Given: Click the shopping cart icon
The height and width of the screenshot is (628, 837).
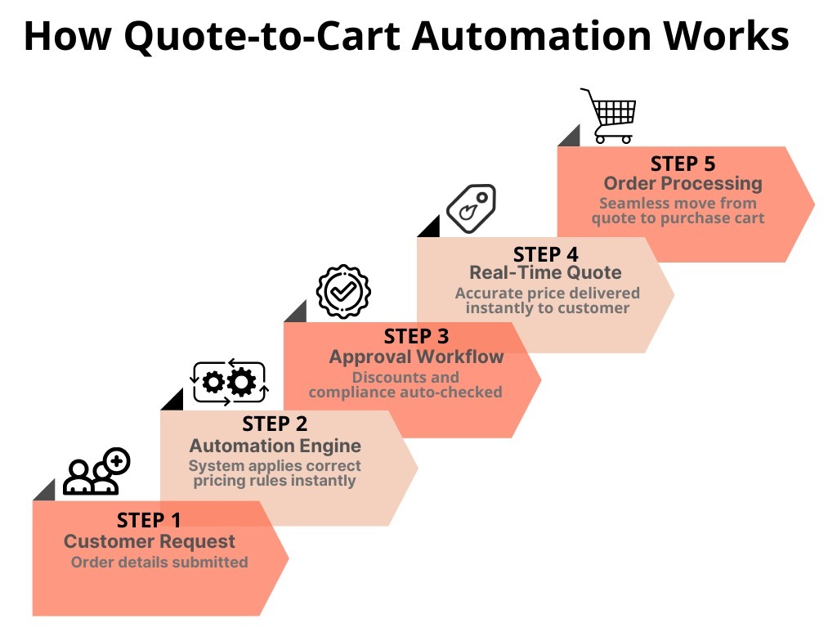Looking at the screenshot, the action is point(609,116).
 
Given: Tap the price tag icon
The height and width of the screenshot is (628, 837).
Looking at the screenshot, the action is point(472,209).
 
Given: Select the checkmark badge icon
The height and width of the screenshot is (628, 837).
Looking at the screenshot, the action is point(344,292).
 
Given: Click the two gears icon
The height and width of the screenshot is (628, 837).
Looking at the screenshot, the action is point(230,383).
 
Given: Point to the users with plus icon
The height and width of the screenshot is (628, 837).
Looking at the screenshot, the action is point(96,471).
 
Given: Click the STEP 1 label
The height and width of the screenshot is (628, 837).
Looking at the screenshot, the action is point(149,520).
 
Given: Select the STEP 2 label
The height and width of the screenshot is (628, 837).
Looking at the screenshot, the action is point(275,424).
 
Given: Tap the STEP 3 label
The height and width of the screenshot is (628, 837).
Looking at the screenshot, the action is point(416,336).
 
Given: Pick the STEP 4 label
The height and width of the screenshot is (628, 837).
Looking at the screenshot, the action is point(545,255).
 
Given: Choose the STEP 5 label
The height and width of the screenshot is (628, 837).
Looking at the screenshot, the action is point(683,164).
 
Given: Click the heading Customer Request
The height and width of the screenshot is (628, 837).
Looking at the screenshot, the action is point(150,541).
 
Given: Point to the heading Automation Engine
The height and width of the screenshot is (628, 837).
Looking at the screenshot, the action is point(275,446).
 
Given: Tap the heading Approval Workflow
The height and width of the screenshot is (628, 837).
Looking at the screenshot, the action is point(416,357).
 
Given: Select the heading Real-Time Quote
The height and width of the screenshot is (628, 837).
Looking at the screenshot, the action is point(545,273).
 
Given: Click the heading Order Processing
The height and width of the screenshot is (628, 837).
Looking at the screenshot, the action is point(683,184).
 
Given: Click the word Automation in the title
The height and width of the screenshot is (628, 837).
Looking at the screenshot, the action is point(531,36).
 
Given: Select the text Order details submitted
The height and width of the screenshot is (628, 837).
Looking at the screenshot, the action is point(159,563).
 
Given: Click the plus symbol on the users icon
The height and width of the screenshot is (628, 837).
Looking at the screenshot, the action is point(118,461).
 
